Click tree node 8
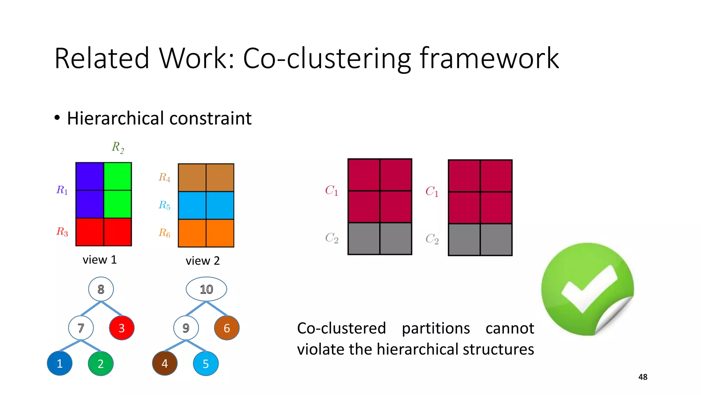(101, 289)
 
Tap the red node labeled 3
(122, 328)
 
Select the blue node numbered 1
(60, 363)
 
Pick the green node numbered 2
(101, 363)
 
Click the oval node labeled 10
(206, 289)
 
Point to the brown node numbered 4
(165, 363)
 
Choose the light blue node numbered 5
(206, 363)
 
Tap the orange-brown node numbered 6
(227, 328)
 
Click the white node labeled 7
(81, 328)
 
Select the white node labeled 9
(186, 328)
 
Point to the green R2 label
(118, 147)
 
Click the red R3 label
(62, 232)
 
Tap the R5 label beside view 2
(164, 205)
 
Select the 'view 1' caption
(100, 260)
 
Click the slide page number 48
(642, 377)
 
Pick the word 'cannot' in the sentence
(509, 328)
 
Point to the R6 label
(164, 233)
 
